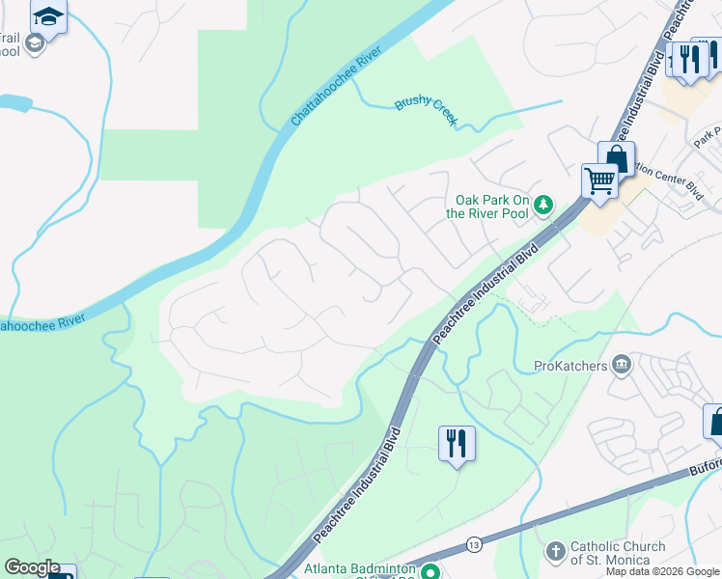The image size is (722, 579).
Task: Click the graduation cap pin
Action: point(48,16)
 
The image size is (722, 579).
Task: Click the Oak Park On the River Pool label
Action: point(491,207)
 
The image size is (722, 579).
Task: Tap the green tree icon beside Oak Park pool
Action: point(543,203)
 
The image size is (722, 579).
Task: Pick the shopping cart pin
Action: point(599,179)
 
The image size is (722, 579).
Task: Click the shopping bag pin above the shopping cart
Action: point(616,158)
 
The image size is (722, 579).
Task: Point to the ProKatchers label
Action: point(571,366)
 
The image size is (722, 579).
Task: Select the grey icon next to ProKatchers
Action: point(623,365)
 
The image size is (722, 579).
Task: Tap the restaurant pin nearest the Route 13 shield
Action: point(456,443)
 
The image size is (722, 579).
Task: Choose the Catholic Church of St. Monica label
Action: point(617,553)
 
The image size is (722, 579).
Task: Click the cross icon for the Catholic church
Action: point(555,552)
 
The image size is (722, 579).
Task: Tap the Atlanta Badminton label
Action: point(362,570)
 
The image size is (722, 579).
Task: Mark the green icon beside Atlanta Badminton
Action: point(431,570)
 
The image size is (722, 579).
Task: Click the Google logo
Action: point(32,568)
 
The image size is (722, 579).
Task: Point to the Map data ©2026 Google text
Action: point(663,571)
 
